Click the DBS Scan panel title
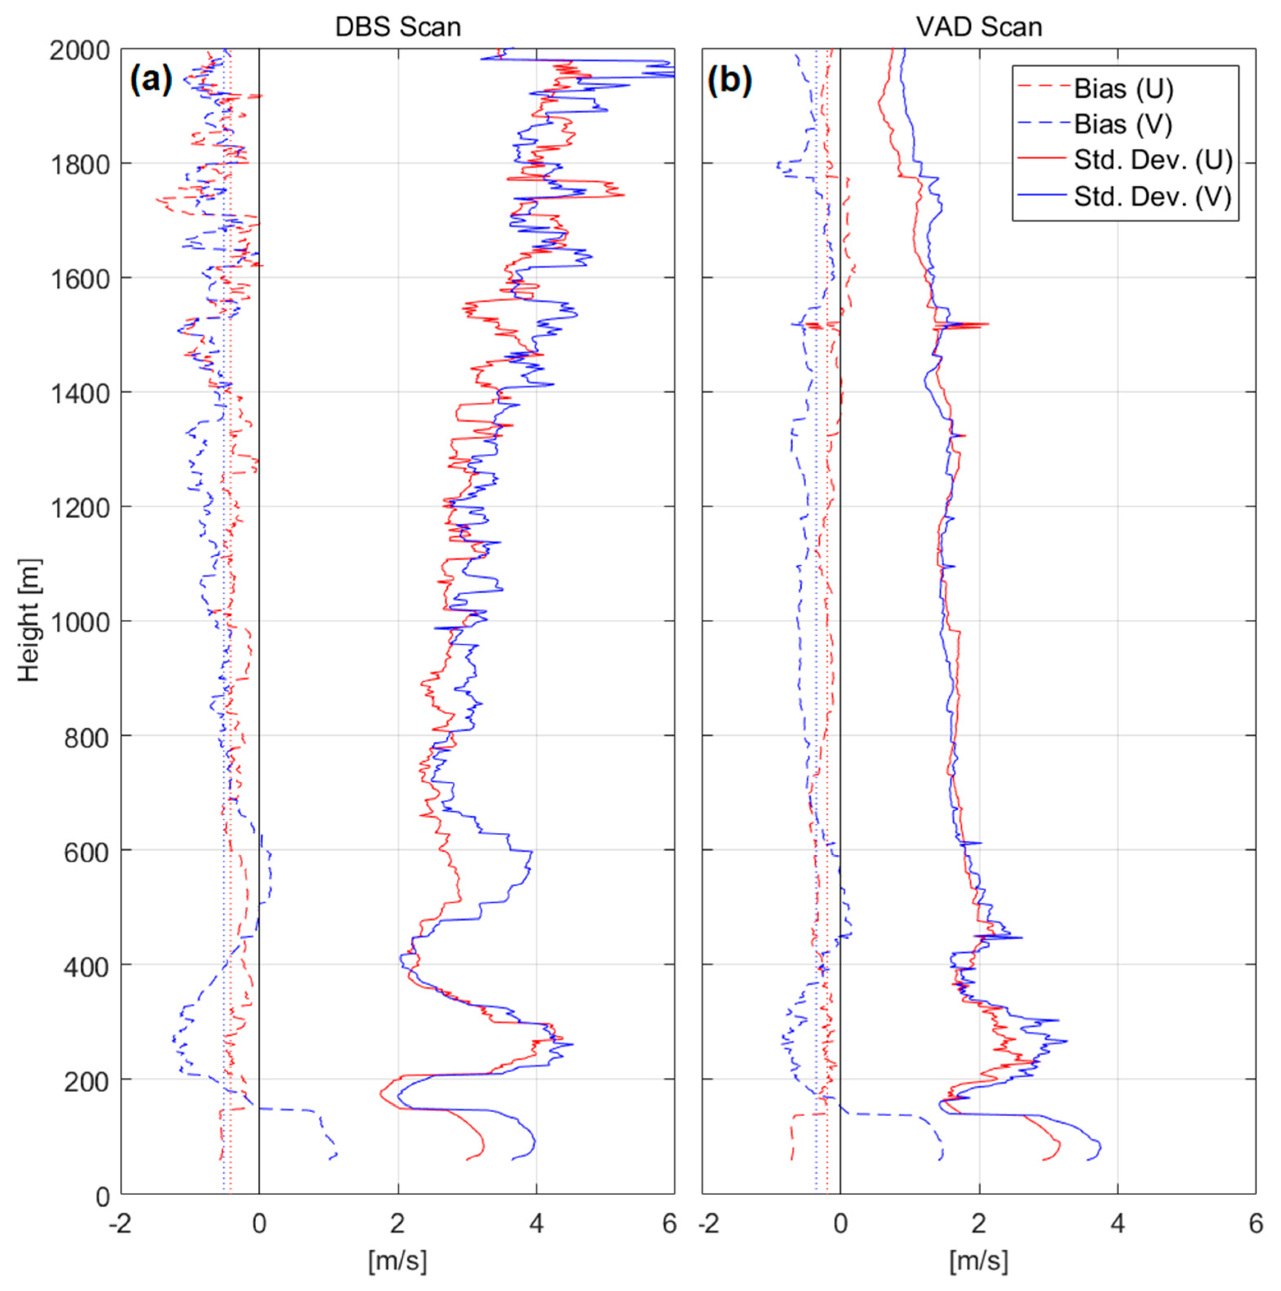tap(398, 27)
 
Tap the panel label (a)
tap(151, 80)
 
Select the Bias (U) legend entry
tap(1123, 89)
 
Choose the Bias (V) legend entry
tap(1123, 124)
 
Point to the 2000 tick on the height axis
tap(80, 50)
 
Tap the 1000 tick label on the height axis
tap(80, 622)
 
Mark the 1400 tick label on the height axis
tap(80, 394)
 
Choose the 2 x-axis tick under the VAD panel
tap(979, 1224)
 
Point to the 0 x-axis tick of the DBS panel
tap(259, 1224)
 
